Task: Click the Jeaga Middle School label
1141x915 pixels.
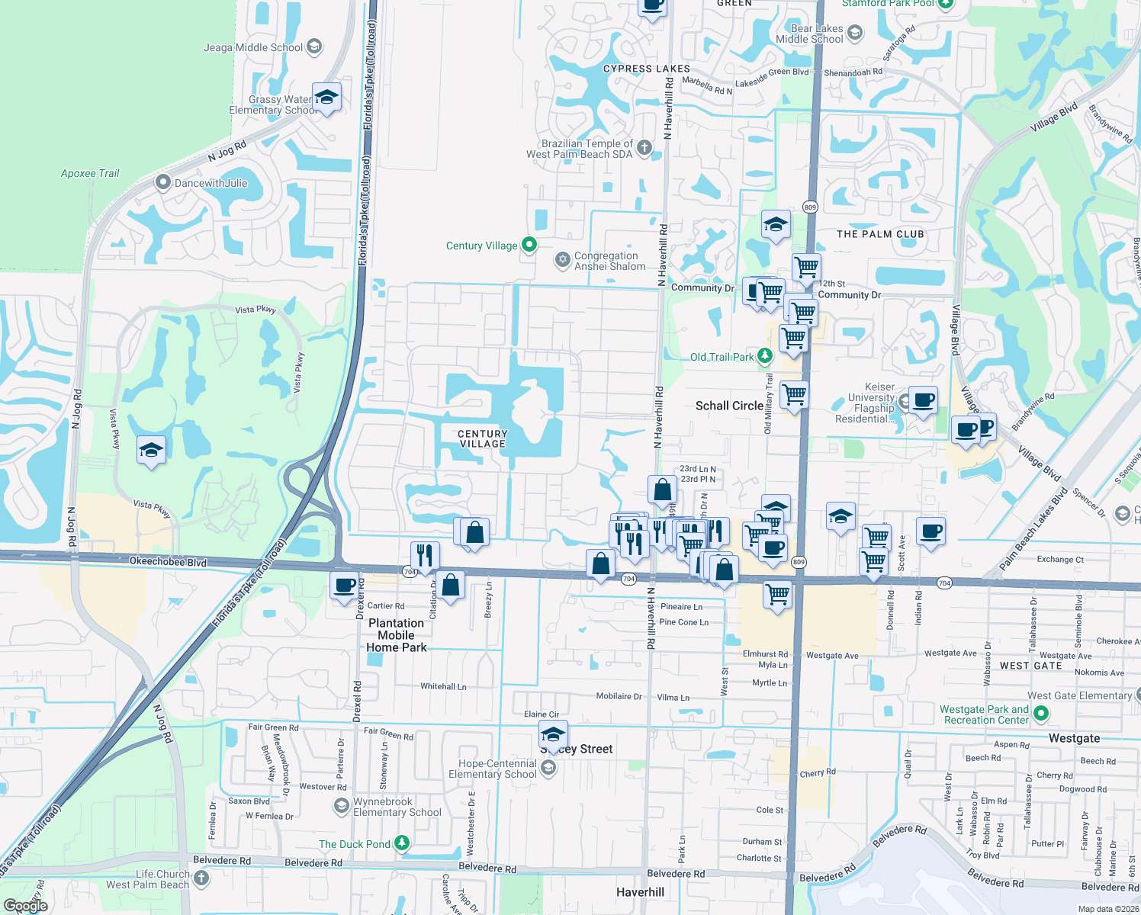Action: [x=253, y=47]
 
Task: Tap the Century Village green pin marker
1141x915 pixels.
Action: [x=529, y=245]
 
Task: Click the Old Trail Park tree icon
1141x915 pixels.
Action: [x=764, y=356]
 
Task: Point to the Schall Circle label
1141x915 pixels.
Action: [x=729, y=406]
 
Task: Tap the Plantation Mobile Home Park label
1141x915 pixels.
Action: [x=397, y=635]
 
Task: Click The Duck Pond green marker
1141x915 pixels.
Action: [x=402, y=843]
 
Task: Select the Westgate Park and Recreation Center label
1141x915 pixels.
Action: [x=986, y=714]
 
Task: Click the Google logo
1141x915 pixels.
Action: [x=26, y=906]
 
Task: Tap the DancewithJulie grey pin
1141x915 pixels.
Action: [x=162, y=183]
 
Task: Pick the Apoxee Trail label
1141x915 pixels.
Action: [x=90, y=173]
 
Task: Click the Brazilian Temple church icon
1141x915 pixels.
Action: [x=644, y=148]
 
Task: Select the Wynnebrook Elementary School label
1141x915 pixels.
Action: [x=397, y=807]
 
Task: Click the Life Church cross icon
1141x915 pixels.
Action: [x=201, y=878]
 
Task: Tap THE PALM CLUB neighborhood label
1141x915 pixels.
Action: [x=880, y=234]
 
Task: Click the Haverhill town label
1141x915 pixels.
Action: [x=640, y=892]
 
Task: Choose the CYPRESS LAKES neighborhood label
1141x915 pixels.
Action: [x=646, y=69]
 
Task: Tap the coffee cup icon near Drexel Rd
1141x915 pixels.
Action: [x=345, y=585]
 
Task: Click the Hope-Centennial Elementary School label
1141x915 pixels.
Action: [x=493, y=769]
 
